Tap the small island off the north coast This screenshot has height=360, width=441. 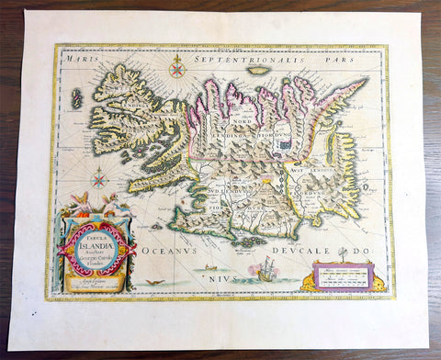click(x=260, y=71)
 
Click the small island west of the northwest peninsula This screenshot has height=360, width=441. click(x=77, y=97)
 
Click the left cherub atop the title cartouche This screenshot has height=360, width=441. click(x=77, y=200)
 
